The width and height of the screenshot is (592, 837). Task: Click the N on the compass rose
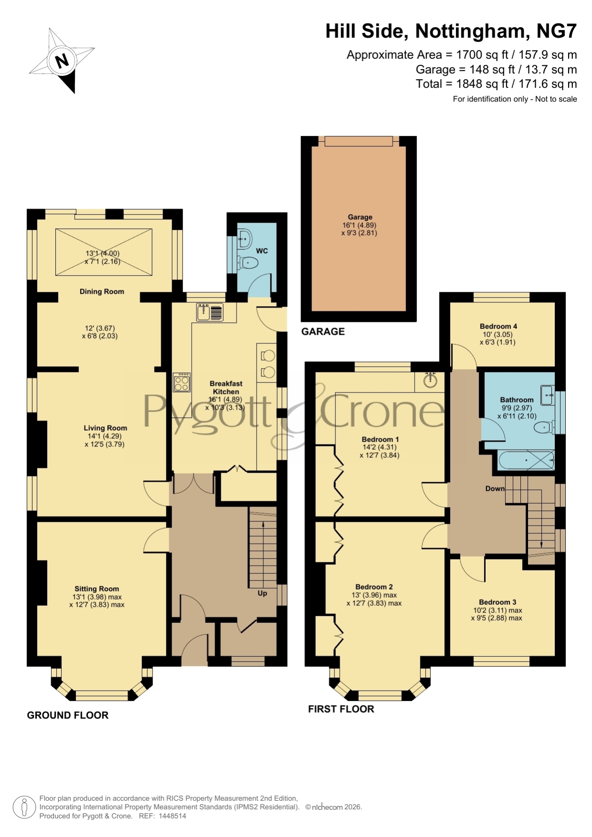click(62, 61)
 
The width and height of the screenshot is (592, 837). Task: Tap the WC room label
click(262, 251)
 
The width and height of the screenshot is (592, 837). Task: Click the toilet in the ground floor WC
click(248, 262)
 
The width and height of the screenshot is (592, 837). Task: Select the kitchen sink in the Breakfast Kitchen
click(209, 312)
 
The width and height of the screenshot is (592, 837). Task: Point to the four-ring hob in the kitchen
click(182, 382)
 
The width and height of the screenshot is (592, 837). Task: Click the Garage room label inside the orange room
click(360, 217)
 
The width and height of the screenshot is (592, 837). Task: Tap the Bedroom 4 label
click(499, 326)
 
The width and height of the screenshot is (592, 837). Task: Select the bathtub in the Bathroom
click(526, 460)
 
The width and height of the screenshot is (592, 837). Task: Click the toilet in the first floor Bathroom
click(544, 428)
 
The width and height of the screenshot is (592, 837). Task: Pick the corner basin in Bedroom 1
click(430, 380)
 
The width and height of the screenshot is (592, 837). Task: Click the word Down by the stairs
click(495, 488)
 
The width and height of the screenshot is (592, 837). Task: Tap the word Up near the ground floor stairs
click(262, 593)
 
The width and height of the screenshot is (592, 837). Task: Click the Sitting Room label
click(97, 589)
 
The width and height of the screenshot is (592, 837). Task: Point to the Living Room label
click(105, 428)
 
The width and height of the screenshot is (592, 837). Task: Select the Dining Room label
click(102, 291)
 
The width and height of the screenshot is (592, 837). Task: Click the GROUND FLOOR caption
click(68, 715)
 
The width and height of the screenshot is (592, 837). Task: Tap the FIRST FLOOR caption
click(341, 709)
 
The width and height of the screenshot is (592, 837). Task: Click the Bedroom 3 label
click(498, 602)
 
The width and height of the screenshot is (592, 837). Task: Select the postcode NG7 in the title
click(557, 31)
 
